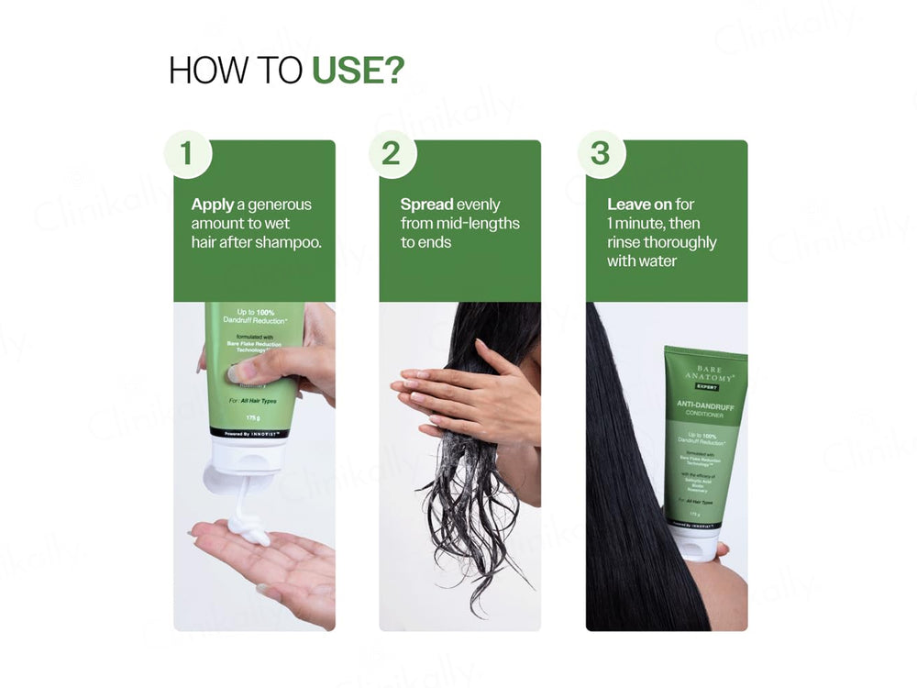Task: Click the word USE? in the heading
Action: pyautogui.click(x=358, y=72)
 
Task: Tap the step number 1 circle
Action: pyautogui.click(x=187, y=154)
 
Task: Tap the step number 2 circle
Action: pyautogui.click(x=392, y=154)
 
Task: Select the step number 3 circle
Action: pyautogui.click(x=600, y=154)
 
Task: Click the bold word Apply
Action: pyautogui.click(x=213, y=205)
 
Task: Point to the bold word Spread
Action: pyautogui.click(x=426, y=205)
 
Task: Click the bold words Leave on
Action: pyautogui.click(x=639, y=205)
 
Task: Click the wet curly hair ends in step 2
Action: pyautogui.click(x=468, y=523)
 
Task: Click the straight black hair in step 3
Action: pyautogui.click(x=633, y=477)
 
